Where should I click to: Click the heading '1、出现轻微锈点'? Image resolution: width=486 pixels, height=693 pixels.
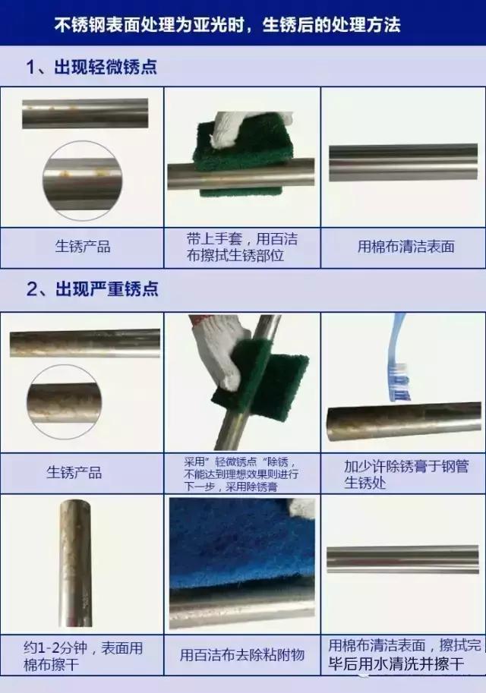[x=92, y=67]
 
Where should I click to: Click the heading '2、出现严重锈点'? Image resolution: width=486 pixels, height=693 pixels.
[x=92, y=290]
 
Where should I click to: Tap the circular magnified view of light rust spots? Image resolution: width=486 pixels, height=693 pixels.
[x=82, y=183]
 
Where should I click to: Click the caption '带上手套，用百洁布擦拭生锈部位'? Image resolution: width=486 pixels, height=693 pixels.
[x=241, y=247]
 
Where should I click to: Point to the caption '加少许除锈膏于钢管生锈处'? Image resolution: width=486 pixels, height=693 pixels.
[x=402, y=474]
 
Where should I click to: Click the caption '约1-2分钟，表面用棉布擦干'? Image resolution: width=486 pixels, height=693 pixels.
[x=81, y=657]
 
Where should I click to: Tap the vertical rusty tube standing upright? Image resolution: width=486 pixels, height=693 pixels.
[x=75, y=562]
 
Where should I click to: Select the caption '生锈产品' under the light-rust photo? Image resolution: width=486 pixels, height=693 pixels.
[x=82, y=247]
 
